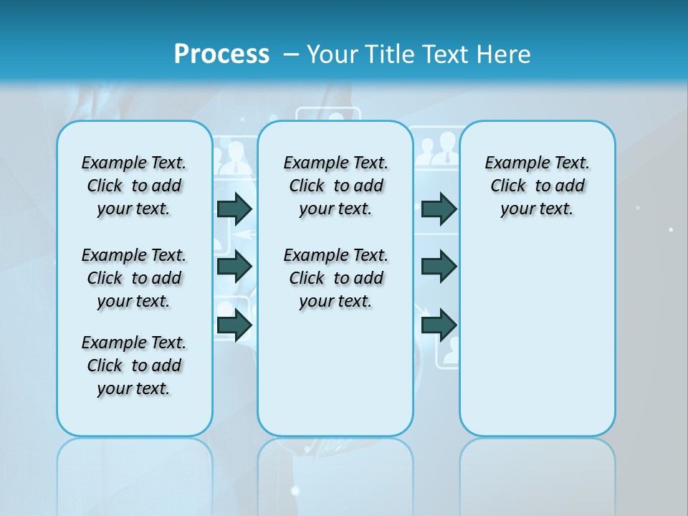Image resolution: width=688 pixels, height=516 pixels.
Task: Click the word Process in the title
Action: point(221,54)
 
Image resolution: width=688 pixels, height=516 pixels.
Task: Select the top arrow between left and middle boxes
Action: point(234,209)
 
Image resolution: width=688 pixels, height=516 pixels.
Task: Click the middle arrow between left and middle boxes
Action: point(234,267)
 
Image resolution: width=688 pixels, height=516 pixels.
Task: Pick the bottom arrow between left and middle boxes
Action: point(234,325)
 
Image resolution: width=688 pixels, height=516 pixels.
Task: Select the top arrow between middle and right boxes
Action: point(439,209)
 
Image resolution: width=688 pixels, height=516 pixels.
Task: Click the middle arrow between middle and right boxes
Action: point(439,267)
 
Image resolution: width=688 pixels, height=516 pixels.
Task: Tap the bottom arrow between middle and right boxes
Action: point(439,325)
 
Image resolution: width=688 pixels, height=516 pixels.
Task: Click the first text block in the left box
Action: point(134,186)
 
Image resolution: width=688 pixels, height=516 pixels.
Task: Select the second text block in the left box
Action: point(134,278)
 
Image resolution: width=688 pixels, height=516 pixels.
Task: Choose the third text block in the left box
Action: point(134,365)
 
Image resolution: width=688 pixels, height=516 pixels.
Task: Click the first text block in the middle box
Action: point(335,186)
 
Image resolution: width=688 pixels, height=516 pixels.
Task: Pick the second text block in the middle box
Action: point(335,278)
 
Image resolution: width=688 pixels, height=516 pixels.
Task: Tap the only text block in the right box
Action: point(537,186)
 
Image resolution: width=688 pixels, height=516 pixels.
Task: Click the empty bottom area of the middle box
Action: point(335,380)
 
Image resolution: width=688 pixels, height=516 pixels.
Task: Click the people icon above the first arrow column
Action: point(233,159)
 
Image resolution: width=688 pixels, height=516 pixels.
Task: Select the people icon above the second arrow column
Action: point(434,149)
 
